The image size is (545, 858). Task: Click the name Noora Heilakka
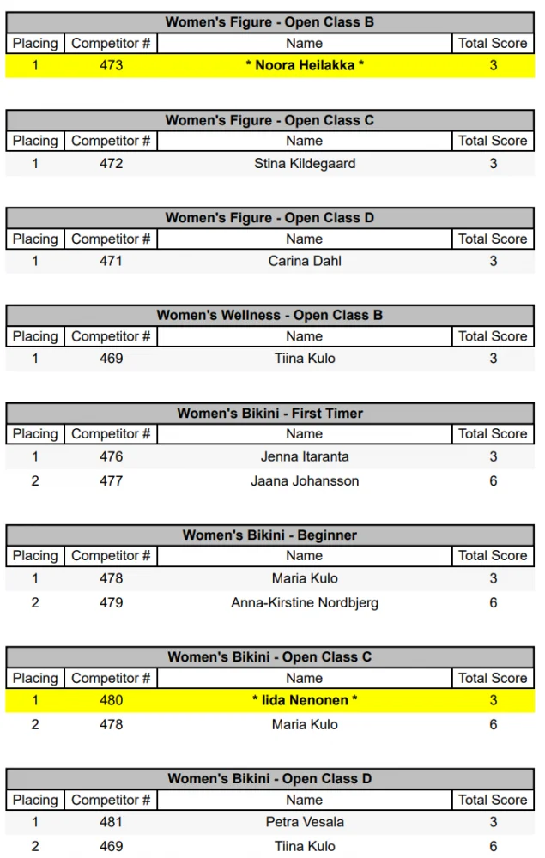click(305, 65)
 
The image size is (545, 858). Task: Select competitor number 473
click(111, 65)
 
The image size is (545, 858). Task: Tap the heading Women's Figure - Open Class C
click(269, 120)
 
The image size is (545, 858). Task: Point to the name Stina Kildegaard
click(305, 163)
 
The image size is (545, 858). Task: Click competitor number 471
click(111, 261)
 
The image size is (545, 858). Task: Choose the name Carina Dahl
click(305, 261)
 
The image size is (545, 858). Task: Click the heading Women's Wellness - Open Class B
click(269, 315)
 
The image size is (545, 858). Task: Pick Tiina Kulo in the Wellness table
click(305, 359)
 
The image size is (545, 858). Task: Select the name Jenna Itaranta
click(305, 456)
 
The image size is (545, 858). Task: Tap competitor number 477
click(111, 480)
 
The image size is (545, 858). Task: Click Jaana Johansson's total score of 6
click(493, 480)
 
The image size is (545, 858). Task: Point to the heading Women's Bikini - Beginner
click(269, 535)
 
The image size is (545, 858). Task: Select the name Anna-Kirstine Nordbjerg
click(305, 602)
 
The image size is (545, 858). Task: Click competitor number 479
click(111, 602)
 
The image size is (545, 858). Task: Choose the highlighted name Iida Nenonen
click(305, 700)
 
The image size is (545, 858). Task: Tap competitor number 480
click(111, 700)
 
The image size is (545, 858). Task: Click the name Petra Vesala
click(305, 822)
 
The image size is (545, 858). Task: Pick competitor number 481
click(111, 822)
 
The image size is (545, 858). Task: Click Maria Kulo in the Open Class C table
click(305, 724)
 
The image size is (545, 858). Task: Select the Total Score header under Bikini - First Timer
click(493, 434)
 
